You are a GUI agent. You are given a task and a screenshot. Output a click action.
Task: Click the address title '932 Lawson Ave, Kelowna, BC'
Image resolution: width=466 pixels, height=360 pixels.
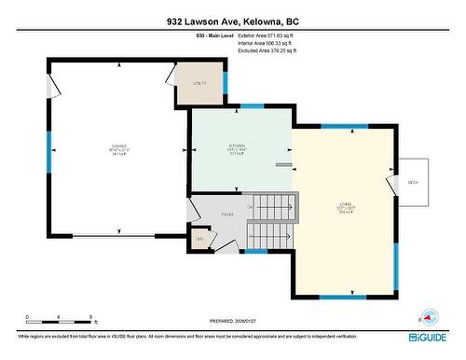point(232,21)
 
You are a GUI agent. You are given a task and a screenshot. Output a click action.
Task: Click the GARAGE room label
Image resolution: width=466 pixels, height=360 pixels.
point(119,147)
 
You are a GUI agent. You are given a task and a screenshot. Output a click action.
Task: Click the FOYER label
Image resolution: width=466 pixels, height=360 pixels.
point(226,214)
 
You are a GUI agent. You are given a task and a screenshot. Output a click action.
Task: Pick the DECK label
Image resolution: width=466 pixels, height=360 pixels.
point(413,182)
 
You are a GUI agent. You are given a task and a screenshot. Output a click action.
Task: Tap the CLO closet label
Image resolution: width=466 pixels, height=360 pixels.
point(199,240)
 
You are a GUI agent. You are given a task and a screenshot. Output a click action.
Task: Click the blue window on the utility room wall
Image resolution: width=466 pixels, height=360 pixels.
point(226,81)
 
